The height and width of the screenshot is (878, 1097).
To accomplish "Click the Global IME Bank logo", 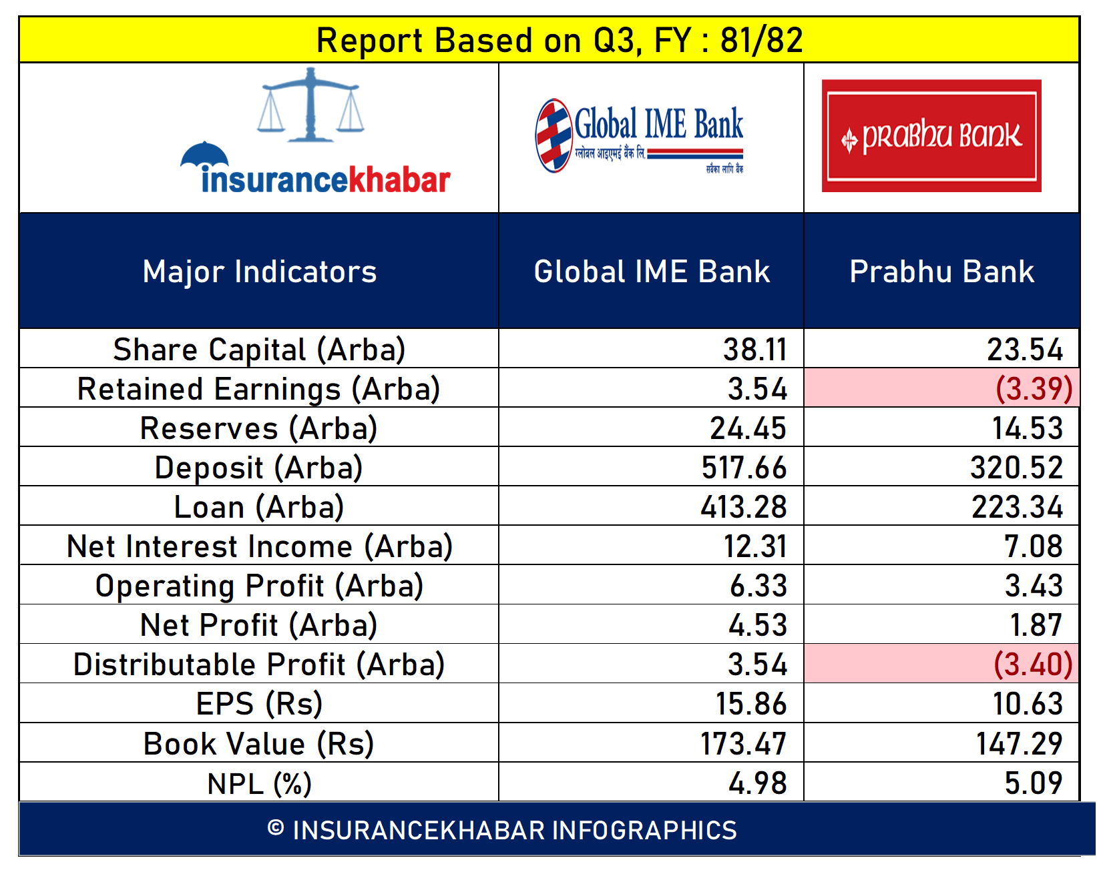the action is click(x=639, y=136).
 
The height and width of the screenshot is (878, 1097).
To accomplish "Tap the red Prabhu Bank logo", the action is click(x=931, y=136).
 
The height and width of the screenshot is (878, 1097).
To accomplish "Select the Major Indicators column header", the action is click(x=260, y=272).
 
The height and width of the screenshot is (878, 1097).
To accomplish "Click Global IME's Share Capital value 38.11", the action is click(x=755, y=350).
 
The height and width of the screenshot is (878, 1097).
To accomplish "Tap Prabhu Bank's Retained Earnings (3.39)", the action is click(x=1034, y=389).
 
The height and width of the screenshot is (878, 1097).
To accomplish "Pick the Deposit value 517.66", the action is click(x=744, y=468).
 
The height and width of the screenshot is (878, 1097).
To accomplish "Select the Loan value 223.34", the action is click(x=1017, y=507).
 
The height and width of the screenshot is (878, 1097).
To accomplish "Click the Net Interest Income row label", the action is click(x=260, y=547).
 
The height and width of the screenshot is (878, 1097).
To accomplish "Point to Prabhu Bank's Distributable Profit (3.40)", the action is click(x=1034, y=665).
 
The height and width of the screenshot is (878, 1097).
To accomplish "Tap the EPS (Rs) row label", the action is click(x=260, y=705).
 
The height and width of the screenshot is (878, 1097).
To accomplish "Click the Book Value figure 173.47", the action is click(x=744, y=743).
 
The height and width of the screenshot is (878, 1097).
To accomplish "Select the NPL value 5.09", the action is click(x=1034, y=783).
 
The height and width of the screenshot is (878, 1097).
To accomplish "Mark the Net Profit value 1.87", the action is click(x=1036, y=625).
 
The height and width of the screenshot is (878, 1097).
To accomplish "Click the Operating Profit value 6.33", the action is click(x=758, y=586).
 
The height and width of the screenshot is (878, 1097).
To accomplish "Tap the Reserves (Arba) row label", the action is click(x=259, y=428).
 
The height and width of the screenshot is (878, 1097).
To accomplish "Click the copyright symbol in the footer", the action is click(x=276, y=827).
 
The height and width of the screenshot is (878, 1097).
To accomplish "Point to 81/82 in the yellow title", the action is click(x=762, y=40).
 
